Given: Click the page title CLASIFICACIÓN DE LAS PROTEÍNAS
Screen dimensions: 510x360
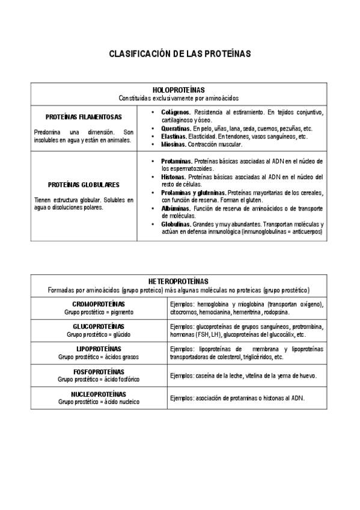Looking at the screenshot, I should [179, 54].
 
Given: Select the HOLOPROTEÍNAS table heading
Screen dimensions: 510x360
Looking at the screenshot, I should [179, 89].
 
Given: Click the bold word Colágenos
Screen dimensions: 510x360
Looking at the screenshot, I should [176, 112].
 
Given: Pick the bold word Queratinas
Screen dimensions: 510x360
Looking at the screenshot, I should [176, 129].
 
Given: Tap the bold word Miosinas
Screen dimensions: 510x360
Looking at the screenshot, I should [173, 145].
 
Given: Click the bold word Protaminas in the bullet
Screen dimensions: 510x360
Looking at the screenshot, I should [177, 161].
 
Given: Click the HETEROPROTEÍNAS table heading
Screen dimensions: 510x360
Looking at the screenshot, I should [179, 281].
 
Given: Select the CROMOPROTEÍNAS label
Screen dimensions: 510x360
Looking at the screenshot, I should [99, 304].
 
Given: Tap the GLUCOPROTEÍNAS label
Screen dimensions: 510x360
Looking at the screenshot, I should [99, 326].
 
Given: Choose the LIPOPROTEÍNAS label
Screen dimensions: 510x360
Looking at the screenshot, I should [99, 349].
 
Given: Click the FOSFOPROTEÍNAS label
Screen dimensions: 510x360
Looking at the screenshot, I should [99, 372].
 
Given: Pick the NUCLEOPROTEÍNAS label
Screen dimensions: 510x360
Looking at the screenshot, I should [99, 393].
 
